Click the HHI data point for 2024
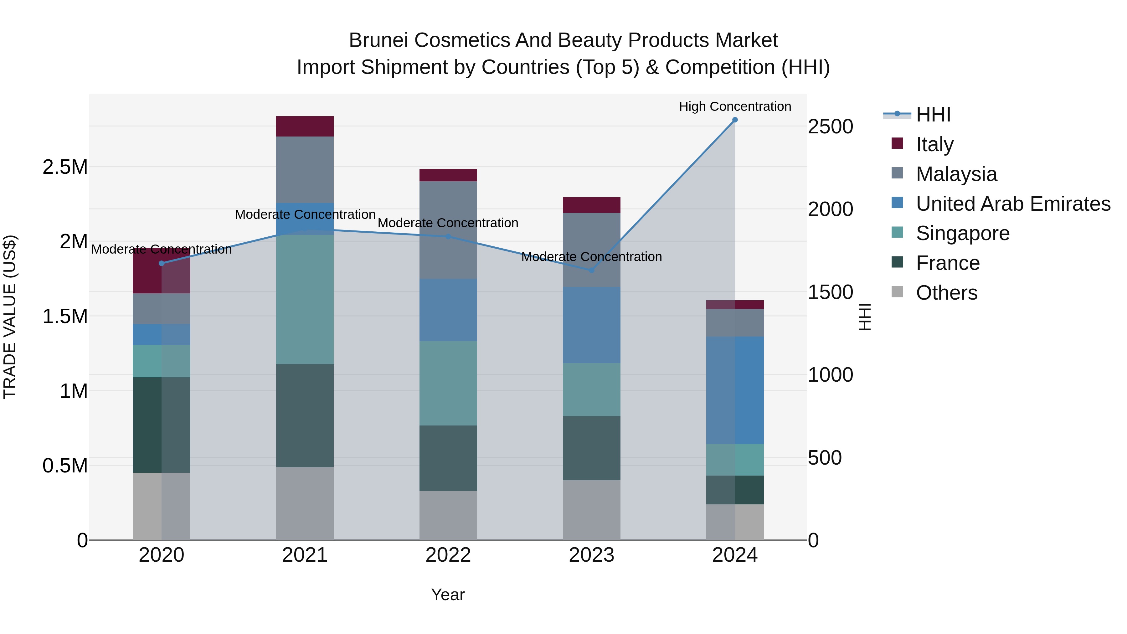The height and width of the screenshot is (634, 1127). tap(735, 120)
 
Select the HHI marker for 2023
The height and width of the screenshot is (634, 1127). tap(591, 271)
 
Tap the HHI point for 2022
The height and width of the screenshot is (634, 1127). tap(448, 237)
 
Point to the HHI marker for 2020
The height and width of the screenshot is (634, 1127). tap(162, 263)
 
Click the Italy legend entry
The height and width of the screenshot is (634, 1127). tap(934, 144)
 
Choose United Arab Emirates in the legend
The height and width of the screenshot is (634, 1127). tap(1013, 204)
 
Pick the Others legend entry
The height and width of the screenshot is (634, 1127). tap(946, 293)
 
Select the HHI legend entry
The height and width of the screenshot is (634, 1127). tap(933, 115)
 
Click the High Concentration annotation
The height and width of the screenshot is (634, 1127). tap(735, 106)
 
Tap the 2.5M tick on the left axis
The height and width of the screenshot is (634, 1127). tap(65, 167)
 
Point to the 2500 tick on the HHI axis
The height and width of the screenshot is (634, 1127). tap(830, 126)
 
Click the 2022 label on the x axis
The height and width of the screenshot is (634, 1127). tap(448, 555)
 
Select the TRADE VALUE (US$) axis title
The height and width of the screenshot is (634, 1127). tap(10, 317)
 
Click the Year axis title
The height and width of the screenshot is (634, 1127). tap(448, 595)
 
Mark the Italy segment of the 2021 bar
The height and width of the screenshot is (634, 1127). tap(305, 126)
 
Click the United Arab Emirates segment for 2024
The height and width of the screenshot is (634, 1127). tap(735, 390)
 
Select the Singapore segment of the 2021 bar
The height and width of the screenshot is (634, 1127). tap(305, 299)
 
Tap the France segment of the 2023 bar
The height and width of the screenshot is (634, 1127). tap(591, 448)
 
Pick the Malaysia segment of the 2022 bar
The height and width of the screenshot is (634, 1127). tap(448, 230)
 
